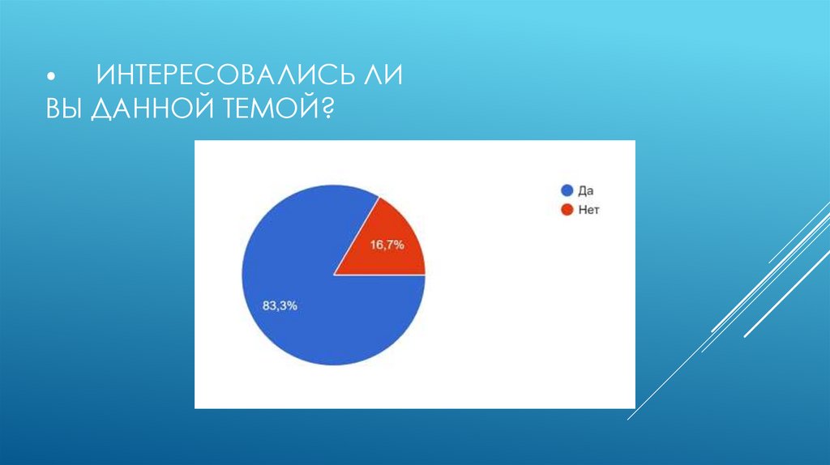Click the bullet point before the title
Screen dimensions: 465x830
click(51, 78)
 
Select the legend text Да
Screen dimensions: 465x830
click(586, 191)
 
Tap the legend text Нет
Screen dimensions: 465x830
click(588, 210)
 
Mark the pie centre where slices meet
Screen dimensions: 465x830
click(333, 275)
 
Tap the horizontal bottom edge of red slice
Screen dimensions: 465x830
click(381, 275)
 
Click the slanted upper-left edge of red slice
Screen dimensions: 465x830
click(357, 234)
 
